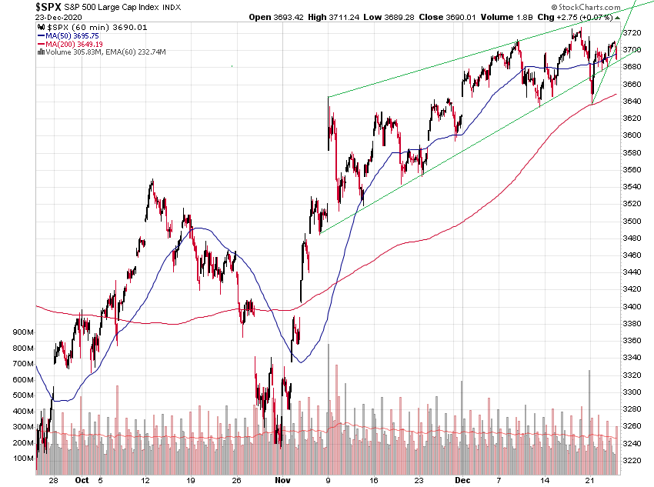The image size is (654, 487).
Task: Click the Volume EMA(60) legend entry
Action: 105,52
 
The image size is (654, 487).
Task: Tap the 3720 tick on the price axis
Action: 632,33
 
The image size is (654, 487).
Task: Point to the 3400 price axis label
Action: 632,306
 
